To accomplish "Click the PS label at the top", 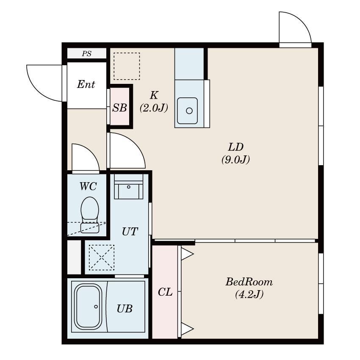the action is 87,54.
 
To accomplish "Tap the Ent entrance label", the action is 86,84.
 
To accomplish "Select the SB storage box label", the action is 119,108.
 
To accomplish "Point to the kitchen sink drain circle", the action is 189,111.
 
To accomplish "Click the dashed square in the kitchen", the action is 127,66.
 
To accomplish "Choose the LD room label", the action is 235,147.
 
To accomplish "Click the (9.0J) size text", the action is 235,160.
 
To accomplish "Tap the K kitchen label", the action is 154,95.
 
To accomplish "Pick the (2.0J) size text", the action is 154,108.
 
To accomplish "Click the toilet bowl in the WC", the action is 90,215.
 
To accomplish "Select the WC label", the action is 88,186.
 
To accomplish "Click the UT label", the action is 130,232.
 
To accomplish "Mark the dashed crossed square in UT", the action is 102,258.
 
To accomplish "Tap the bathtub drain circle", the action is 96,307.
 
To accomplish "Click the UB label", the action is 125,309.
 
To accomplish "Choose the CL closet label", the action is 165,292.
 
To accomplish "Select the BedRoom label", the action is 249,282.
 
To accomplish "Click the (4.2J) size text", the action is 249,294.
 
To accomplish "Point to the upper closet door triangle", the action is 186,254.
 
